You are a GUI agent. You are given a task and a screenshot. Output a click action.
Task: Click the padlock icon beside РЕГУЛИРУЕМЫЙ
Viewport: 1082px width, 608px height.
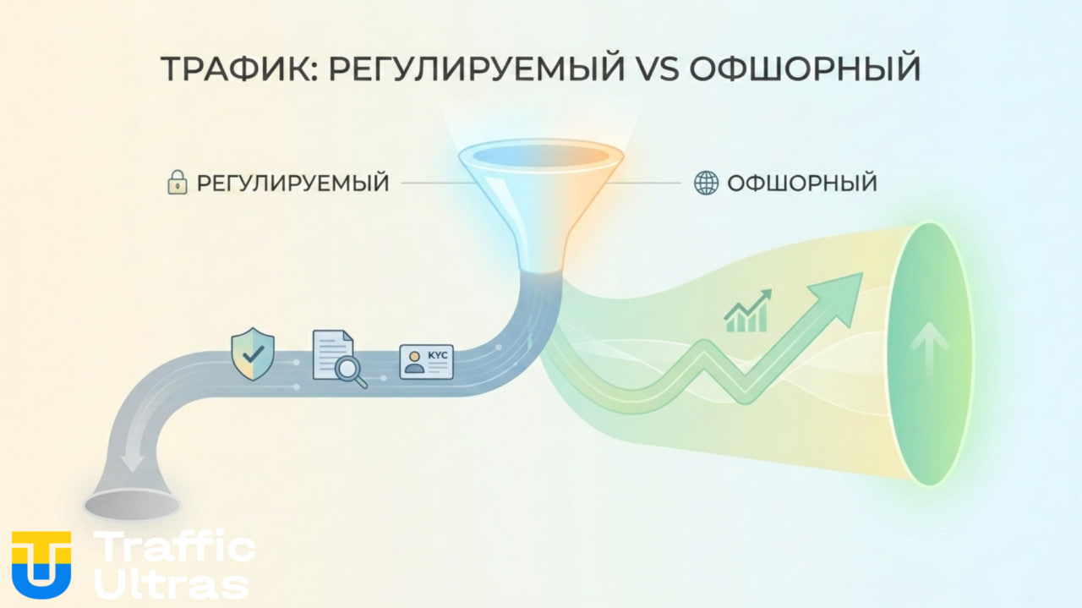point(177,183)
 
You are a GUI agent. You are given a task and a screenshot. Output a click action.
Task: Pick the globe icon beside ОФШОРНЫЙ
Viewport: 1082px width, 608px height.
point(706,183)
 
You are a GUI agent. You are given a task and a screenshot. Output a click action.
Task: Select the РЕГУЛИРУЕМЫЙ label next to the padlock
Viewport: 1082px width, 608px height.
point(292,183)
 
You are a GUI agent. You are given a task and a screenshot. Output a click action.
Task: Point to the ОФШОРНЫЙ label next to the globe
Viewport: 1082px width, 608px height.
point(802,183)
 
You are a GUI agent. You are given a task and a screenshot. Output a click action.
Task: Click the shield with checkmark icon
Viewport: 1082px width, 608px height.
point(252,355)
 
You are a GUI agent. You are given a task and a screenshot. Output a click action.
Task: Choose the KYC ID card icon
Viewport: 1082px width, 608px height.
point(426,362)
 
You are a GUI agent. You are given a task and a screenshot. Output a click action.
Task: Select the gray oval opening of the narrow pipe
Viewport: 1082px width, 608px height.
point(131,505)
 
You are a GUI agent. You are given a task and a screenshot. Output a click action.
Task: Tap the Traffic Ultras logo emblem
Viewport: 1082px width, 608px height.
point(41,565)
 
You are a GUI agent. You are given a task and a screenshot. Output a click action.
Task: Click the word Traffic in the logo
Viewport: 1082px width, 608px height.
point(176,548)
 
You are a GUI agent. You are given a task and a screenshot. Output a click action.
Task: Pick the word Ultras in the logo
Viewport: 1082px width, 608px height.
point(172,583)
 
